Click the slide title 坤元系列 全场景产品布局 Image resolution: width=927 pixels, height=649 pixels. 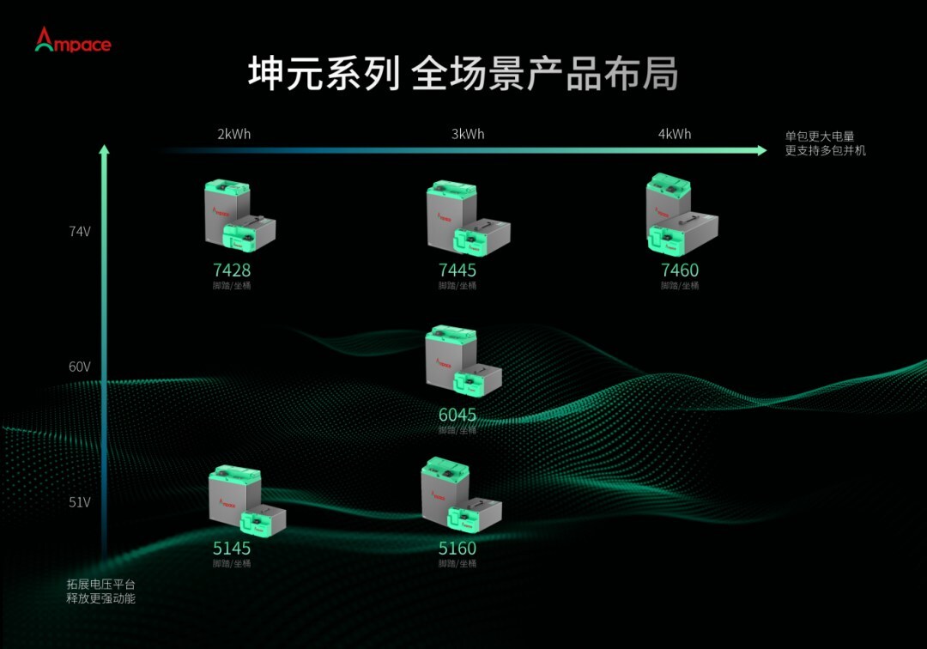pos(463,75)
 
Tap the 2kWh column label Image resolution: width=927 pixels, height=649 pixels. pos(233,134)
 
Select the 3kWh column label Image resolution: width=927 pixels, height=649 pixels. pos(468,134)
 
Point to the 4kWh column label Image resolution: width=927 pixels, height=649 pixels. pos(675,134)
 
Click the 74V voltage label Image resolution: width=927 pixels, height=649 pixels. pos(80,231)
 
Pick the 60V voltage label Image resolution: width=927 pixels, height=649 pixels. pos(80,367)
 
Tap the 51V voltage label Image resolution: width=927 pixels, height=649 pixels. pos(80,502)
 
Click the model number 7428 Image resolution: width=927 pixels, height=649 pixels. pos(232,270)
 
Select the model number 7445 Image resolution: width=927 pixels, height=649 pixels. pos(457,270)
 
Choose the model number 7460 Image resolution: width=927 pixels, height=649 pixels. pos(680,270)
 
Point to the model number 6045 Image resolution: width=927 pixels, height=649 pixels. pos(457,415)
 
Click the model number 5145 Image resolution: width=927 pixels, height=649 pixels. pos(232,549)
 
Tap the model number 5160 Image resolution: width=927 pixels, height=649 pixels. pos(457,549)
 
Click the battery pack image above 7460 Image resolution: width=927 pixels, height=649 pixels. pos(681,215)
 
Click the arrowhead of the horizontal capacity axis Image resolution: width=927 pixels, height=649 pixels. pos(761,150)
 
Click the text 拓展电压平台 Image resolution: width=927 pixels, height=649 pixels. pos(101,584)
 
